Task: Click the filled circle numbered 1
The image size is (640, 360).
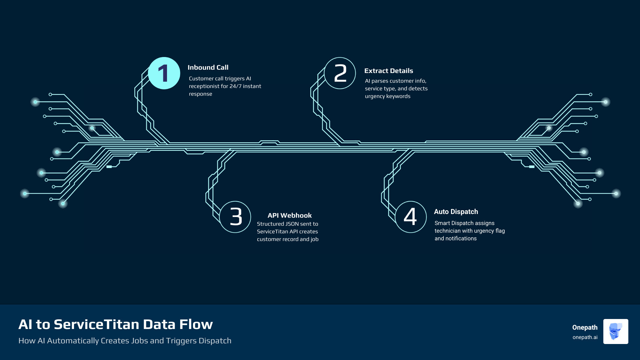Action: coord(164,73)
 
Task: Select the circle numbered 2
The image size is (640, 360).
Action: coord(340,73)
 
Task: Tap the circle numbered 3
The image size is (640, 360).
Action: coord(235,217)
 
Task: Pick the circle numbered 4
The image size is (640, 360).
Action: coord(411,217)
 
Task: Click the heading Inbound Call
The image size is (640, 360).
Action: coord(208,67)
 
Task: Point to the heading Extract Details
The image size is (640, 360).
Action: coord(389,71)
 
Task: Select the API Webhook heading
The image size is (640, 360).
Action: coord(290,215)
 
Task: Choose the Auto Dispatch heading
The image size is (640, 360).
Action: coord(456,212)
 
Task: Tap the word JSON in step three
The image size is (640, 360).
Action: coord(290,224)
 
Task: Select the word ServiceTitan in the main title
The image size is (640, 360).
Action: coord(97,324)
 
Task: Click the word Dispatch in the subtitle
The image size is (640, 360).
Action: coord(215,341)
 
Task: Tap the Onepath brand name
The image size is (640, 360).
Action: coord(585,327)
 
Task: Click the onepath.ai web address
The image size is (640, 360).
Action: coord(585,337)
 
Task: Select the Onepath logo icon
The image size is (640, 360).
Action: coord(616,331)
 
